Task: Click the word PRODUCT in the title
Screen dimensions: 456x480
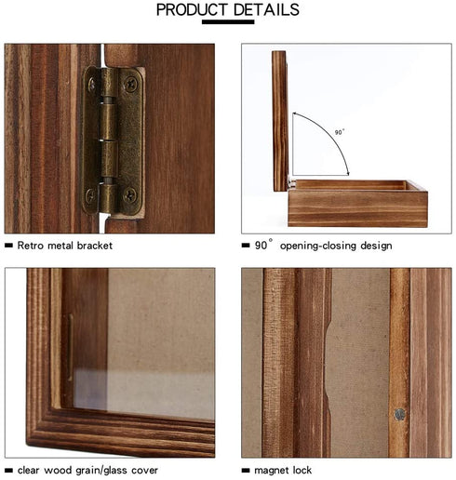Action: pyautogui.click(x=192, y=9)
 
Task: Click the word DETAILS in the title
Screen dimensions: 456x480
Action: pyautogui.click(x=266, y=9)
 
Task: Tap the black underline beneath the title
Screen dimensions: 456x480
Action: pyautogui.click(x=228, y=22)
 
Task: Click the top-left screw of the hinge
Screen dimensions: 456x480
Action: pyautogui.click(x=92, y=84)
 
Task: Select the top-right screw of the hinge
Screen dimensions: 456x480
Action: pyautogui.click(x=130, y=84)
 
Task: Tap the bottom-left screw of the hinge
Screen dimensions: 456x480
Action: pyautogui.click(x=91, y=195)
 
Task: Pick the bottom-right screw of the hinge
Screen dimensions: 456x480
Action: pyautogui.click(x=129, y=194)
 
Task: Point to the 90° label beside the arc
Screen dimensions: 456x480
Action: pyautogui.click(x=340, y=132)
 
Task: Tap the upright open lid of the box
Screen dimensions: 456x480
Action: pyautogui.click(x=280, y=121)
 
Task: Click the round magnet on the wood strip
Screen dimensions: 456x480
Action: pyautogui.click(x=400, y=414)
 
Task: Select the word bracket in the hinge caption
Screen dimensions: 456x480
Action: pyautogui.click(x=95, y=246)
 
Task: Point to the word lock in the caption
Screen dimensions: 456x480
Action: pyautogui.click(x=302, y=470)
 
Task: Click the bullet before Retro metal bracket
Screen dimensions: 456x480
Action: pyautogui.click(x=8, y=246)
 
